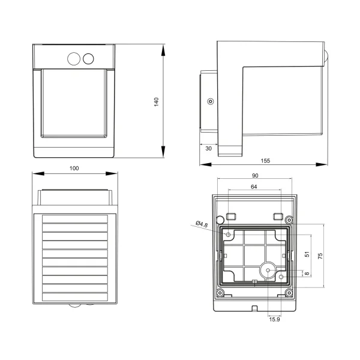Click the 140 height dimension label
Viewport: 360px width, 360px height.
tap(156, 101)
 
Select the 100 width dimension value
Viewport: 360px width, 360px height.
tap(74, 169)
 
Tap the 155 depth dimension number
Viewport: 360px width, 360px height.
tap(265, 160)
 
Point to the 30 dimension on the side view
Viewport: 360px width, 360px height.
tap(208, 148)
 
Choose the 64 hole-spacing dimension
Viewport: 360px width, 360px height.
tap(254, 187)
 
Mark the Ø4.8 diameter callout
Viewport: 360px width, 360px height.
tap(202, 224)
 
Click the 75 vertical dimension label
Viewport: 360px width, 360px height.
tap(320, 256)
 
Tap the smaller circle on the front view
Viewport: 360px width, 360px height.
tap(89, 58)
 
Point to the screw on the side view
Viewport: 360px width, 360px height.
tap(209, 101)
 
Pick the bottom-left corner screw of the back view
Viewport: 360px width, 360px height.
tap(221, 293)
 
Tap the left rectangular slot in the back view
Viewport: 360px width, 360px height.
tap(230, 215)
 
